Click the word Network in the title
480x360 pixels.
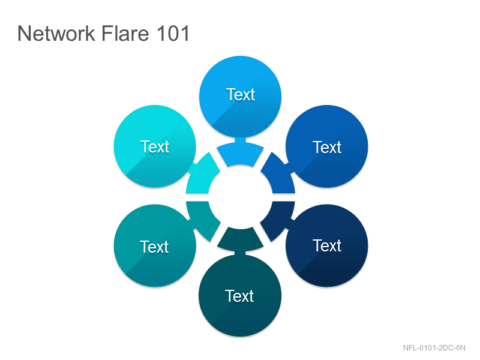(56, 33)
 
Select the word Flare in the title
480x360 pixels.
(125, 33)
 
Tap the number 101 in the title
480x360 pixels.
(173, 33)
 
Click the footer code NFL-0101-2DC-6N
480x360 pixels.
(434, 348)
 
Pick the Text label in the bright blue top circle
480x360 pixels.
(241, 94)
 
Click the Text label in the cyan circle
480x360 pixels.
(155, 146)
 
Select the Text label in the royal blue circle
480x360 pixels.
(327, 147)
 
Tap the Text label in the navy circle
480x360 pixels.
(327, 245)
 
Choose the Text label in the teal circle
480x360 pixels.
(154, 247)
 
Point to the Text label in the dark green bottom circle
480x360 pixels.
(239, 296)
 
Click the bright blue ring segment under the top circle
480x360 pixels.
(241, 155)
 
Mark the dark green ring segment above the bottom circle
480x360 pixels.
(241, 239)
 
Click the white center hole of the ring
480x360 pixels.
(241, 197)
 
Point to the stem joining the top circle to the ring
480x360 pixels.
(241, 140)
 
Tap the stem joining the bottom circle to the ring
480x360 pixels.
(241, 253)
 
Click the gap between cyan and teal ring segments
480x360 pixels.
(197, 197)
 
